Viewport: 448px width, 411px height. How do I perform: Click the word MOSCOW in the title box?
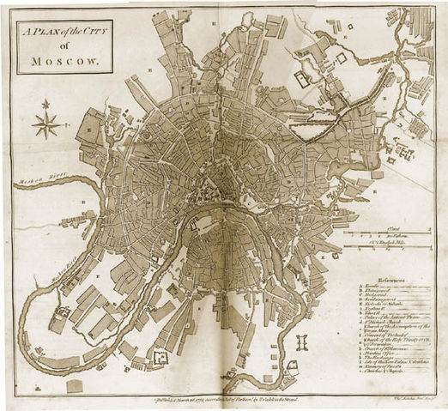(64, 61)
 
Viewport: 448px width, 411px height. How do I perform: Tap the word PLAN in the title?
(50, 32)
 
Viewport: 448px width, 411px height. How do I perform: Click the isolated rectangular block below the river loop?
(75, 386)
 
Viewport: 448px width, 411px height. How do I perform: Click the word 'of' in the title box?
(64, 46)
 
